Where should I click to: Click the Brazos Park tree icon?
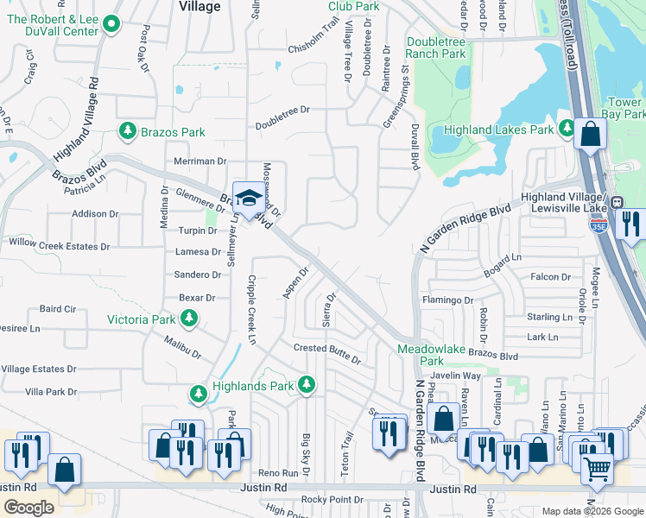click(128, 132)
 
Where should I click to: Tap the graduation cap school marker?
click(248, 198)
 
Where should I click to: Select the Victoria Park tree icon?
click(189, 319)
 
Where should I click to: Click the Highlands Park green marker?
click(306, 386)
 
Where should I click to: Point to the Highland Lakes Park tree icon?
click(567, 129)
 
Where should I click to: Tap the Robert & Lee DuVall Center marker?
click(111, 24)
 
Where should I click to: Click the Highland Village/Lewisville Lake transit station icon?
click(617, 203)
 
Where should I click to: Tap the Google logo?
click(28, 507)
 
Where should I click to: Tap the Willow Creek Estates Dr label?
click(59, 245)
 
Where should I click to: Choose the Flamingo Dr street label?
click(447, 300)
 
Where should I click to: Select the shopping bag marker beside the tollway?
click(590, 135)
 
